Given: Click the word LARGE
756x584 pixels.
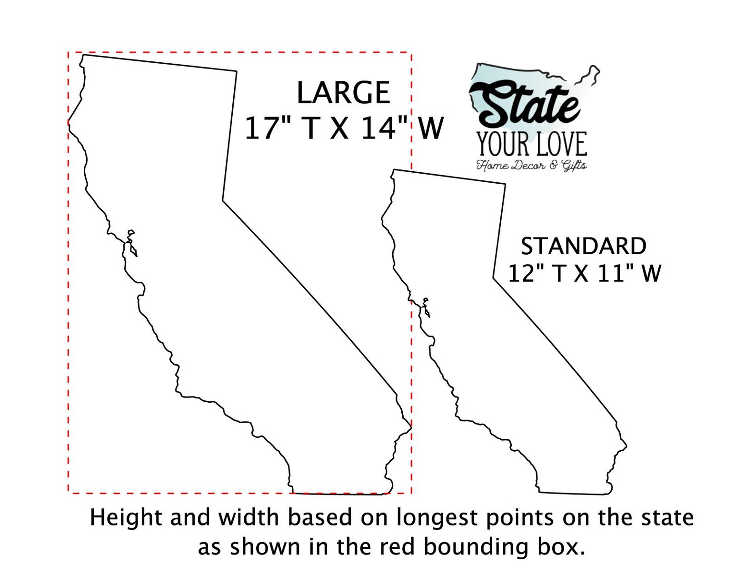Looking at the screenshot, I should tap(343, 93).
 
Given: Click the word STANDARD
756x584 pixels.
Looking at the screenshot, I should tap(584, 247).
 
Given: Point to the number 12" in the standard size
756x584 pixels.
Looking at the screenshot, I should tap(524, 274).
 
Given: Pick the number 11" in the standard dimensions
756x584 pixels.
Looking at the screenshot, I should tap(614, 274).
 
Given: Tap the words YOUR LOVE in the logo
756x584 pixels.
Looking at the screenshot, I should tap(532, 145).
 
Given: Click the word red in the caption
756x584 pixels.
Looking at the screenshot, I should tap(397, 547).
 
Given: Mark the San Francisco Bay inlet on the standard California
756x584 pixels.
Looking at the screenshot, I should tap(425, 307).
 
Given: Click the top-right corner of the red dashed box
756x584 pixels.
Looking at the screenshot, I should tap(411, 52).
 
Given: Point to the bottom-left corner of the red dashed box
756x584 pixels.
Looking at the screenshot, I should tap(69, 493).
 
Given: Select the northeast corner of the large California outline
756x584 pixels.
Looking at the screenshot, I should tap(236, 71).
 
